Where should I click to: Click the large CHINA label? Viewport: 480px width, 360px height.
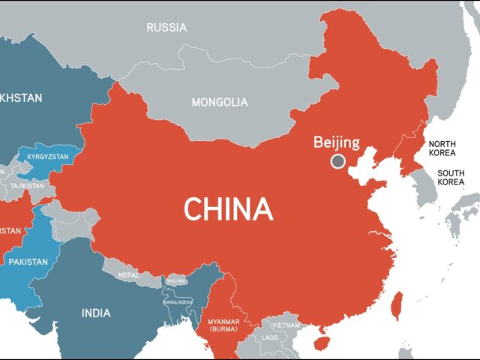(228, 208)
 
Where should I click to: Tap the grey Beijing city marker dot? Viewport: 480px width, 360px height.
(338, 160)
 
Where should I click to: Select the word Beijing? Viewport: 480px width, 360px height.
(337, 142)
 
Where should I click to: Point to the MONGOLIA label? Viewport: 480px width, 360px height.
(220, 102)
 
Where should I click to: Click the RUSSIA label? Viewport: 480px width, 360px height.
(166, 28)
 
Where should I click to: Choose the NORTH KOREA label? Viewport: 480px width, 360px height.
(442, 148)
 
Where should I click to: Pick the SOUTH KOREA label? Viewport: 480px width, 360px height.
(451, 177)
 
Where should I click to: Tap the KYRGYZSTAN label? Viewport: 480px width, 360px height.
(48, 157)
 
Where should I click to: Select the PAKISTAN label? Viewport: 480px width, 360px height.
(28, 262)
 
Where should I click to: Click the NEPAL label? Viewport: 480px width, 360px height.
(128, 275)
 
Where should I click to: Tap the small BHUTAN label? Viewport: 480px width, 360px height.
(176, 280)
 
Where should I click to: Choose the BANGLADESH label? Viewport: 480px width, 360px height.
(178, 301)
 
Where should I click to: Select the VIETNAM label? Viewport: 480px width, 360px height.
(286, 325)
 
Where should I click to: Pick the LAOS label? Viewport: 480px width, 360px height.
(269, 337)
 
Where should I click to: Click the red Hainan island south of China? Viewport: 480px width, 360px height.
(324, 342)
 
